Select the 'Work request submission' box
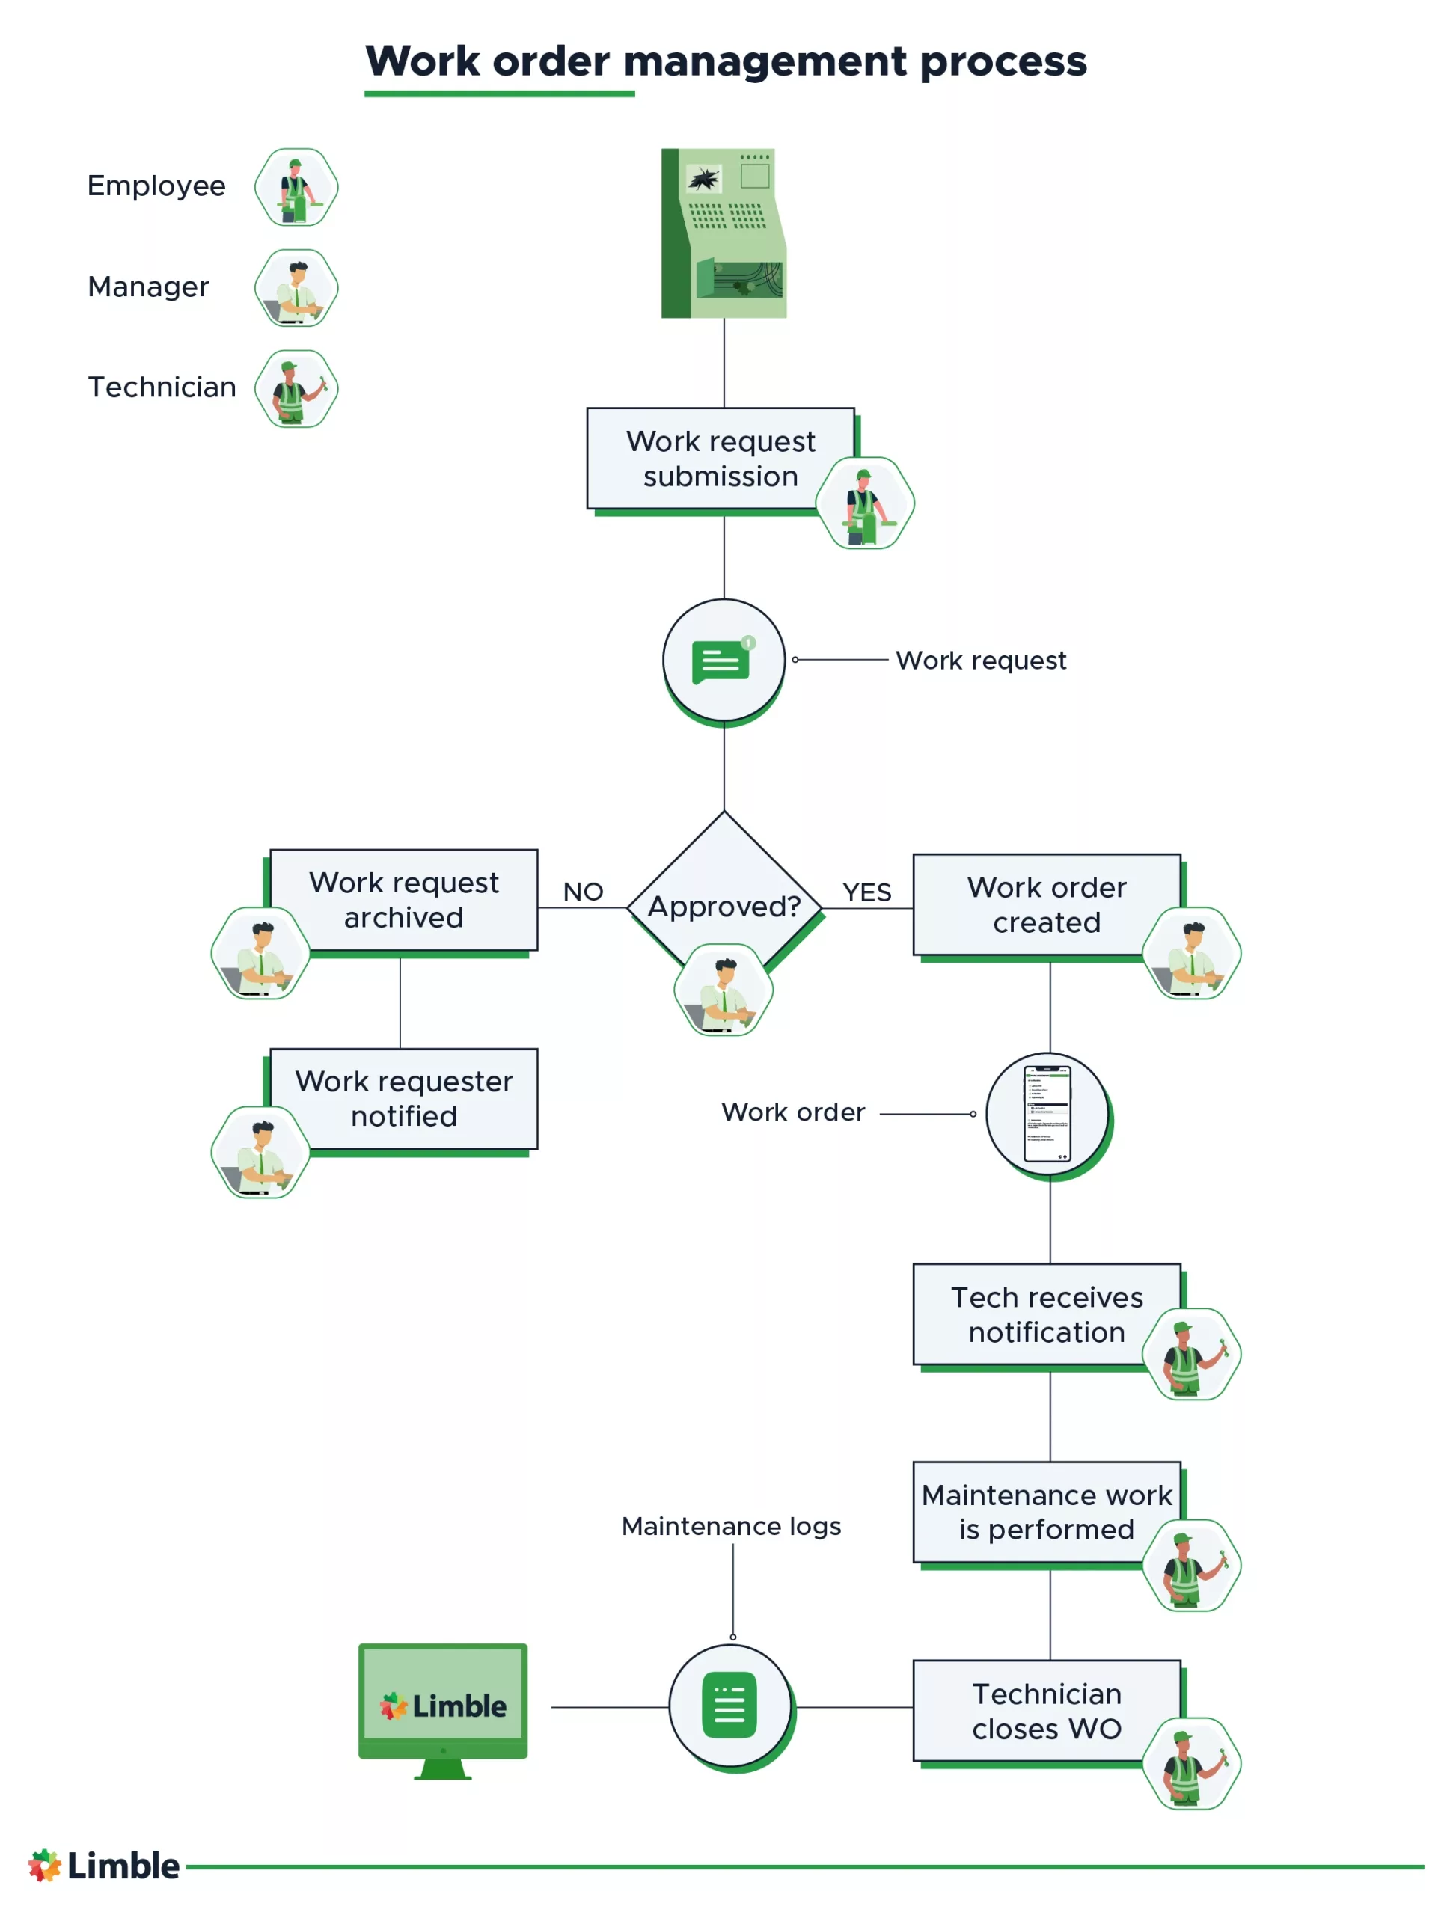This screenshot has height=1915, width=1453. (x=720, y=458)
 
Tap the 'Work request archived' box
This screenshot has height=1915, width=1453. (x=403, y=898)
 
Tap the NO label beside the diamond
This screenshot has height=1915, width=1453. (x=582, y=891)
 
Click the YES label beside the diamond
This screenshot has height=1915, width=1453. (x=866, y=892)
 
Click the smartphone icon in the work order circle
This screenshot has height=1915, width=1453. (x=1047, y=1112)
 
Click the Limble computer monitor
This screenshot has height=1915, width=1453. (x=442, y=1705)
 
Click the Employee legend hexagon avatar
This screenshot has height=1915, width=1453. (x=296, y=187)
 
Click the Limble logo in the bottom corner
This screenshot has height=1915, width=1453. (x=104, y=1865)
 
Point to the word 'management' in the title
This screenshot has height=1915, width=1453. (x=765, y=61)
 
